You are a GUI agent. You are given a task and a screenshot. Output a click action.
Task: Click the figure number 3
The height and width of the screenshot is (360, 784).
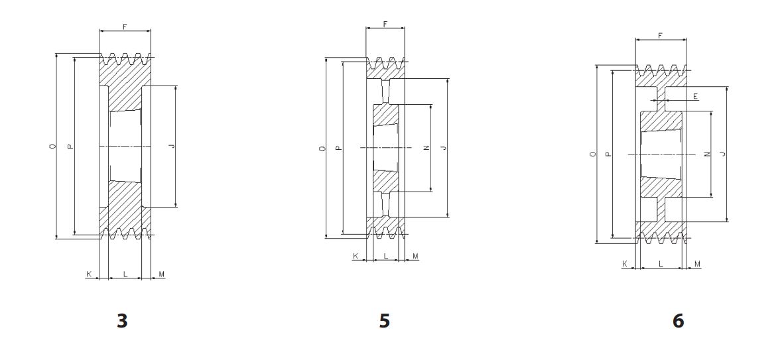(x=122, y=320)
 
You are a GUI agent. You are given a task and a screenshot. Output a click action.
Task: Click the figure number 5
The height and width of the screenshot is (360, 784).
(x=384, y=320)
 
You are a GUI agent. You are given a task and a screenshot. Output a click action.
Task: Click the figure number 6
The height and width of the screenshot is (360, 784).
(x=678, y=320)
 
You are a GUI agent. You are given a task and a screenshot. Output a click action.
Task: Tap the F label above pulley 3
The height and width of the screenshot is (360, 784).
(x=125, y=27)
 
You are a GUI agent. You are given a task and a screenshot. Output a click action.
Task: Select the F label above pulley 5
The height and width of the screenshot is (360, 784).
(x=385, y=24)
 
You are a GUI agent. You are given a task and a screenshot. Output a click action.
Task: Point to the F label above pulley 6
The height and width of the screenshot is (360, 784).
(x=660, y=36)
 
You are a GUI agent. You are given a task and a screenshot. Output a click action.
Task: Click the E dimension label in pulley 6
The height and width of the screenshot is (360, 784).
(x=696, y=96)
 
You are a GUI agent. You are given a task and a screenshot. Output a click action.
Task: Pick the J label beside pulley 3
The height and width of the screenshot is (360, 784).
(x=172, y=146)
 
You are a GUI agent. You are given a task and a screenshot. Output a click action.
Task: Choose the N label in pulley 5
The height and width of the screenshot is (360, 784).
(x=426, y=147)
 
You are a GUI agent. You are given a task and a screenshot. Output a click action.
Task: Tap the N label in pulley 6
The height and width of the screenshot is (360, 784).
(x=707, y=154)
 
